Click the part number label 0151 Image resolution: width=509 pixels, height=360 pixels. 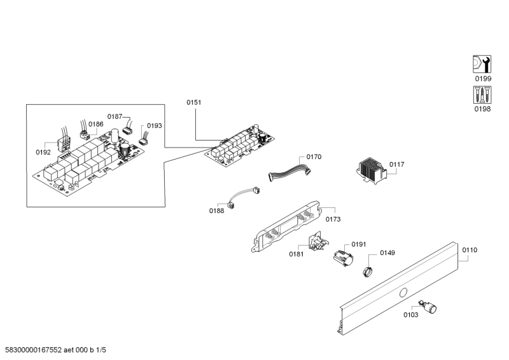[x=193, y=102]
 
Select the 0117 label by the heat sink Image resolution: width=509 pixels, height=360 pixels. [x=397, y=164]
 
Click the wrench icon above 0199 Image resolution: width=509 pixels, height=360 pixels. [x=483, y=64]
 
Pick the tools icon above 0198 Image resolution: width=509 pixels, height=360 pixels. [x=483, y=95]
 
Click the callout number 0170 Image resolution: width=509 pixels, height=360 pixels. [x=314, y=156]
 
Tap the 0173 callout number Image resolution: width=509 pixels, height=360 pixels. [x=333, y=219]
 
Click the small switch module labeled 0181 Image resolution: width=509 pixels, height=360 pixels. [x=315, y=243]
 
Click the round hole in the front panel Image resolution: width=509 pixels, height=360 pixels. [x=402, y=293]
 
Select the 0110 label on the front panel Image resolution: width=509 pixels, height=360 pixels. [x=469, y=250]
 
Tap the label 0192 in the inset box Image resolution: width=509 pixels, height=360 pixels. [x=43, y=153]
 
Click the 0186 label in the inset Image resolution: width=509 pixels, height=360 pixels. [x=95, y=124]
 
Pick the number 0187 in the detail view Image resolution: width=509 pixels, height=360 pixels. [x=114, y=116]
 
